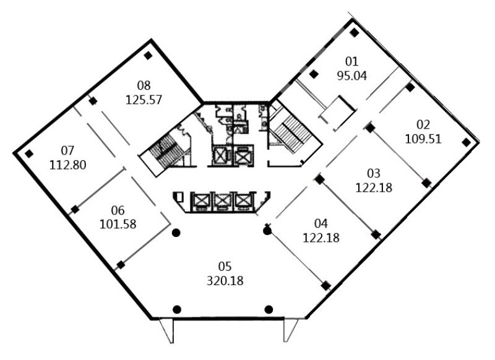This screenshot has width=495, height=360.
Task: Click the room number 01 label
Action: (x=351, y=61)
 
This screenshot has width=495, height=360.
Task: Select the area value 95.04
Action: (x=352, y=75)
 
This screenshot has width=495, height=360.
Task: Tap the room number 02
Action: (x=423, y=124)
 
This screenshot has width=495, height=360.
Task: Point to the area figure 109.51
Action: (x=423, y=139)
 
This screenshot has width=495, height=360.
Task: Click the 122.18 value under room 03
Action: (x=374, y=187)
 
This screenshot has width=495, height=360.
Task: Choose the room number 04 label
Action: (x=321, y=223)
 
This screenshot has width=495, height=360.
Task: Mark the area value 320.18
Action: (x=225, y=281)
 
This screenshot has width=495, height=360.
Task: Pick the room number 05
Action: (x=225, y=267)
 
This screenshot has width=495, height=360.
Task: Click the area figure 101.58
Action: (x=118, y=225)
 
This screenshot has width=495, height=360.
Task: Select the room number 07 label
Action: (x=67, y=150)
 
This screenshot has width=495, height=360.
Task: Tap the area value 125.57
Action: (x=144, y=100)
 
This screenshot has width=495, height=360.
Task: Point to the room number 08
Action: (x=144, y=85)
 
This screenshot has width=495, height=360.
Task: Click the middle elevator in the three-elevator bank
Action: (x=223, y=201)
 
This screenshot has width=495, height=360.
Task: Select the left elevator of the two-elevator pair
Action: (x=220, y=155)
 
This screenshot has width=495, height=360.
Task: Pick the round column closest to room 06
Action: (x=176, y=233)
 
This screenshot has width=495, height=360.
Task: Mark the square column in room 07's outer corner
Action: (x=29, y=154)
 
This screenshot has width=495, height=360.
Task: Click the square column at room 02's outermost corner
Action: (x=466, y=142)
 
